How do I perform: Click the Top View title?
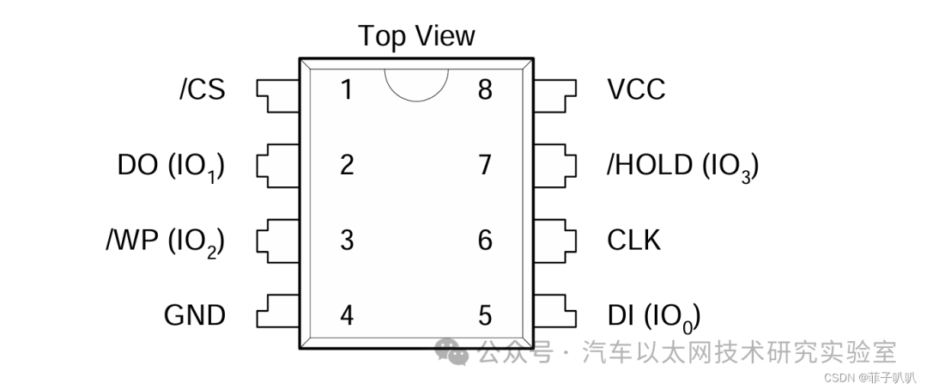pos(416,37)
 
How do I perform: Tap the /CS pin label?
pos(203,90)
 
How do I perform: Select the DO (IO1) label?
pos(172,167)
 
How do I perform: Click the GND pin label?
pos(195,315)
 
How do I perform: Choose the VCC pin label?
pos(636,90)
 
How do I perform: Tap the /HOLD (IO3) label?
pos(683,167)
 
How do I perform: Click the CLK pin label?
pos(633,241)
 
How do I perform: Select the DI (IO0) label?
pos(654,317)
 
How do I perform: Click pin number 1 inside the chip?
pos(347,90)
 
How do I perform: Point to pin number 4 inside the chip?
pos(347,315)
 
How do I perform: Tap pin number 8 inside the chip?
pos(485,90)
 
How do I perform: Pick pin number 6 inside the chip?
pos(485,241)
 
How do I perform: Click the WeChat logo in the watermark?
pos(452,351)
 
